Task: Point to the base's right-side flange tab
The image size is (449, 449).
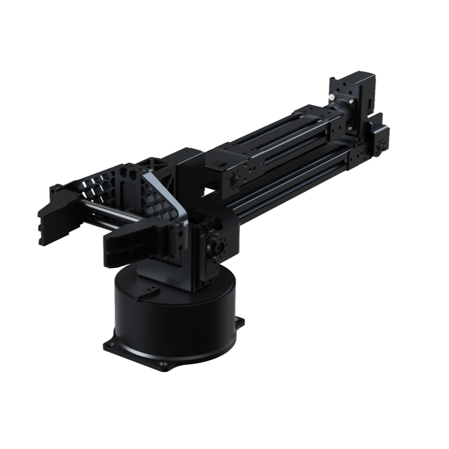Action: [240, 323]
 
